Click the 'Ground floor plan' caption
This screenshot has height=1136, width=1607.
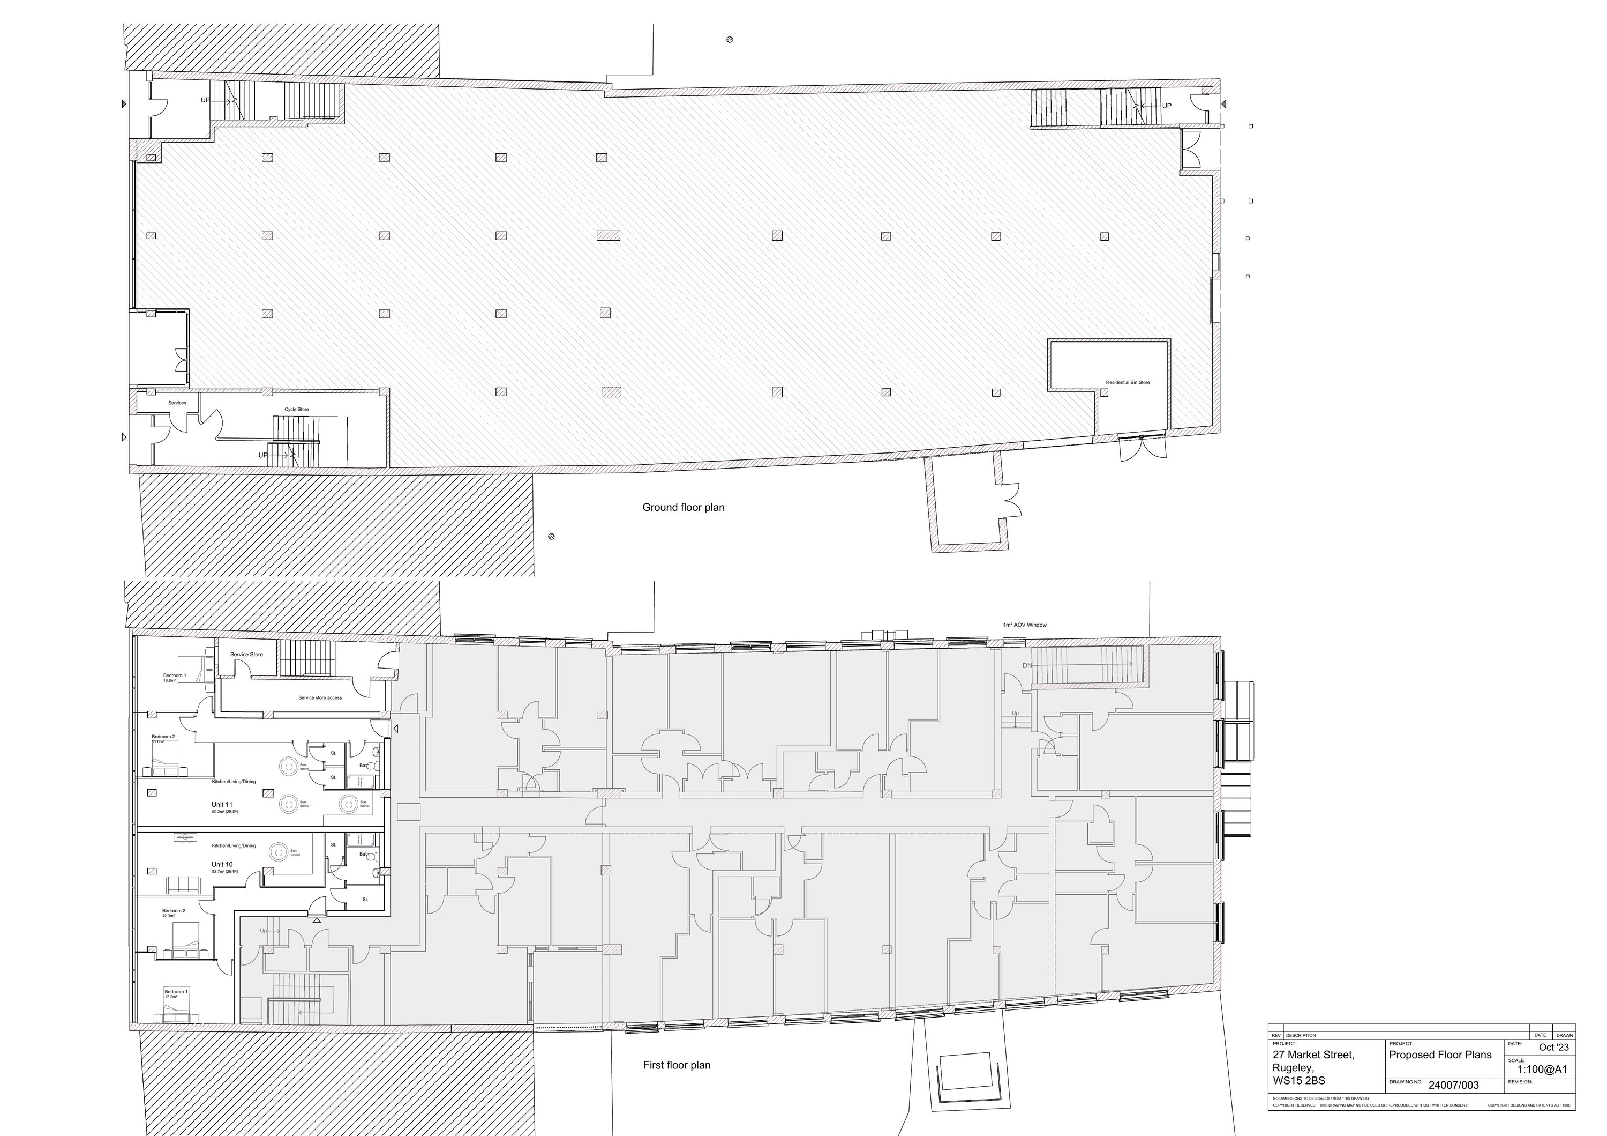tap(683, 507)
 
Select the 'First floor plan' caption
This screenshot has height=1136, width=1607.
tap(676, 1065)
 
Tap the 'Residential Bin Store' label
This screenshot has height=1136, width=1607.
tap(1128, 382)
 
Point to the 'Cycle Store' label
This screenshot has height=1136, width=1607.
tap(296, 409)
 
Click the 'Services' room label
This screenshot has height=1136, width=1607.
tap(177, 403)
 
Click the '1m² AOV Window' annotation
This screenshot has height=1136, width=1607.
tap(1025, 625)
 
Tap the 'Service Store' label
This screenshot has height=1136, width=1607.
tap(246, 654)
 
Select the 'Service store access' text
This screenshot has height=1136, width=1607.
tap(320, 697)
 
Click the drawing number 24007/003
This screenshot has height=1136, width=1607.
tap(1454, 1085)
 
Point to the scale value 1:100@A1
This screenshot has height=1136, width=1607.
tap(1542, 1070)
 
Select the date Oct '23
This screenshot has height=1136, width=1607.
tap(1554, 1047)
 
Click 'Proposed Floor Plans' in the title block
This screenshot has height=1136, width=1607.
tap(1440, 1055)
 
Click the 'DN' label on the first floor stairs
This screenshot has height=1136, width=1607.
tap(1027, 665)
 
